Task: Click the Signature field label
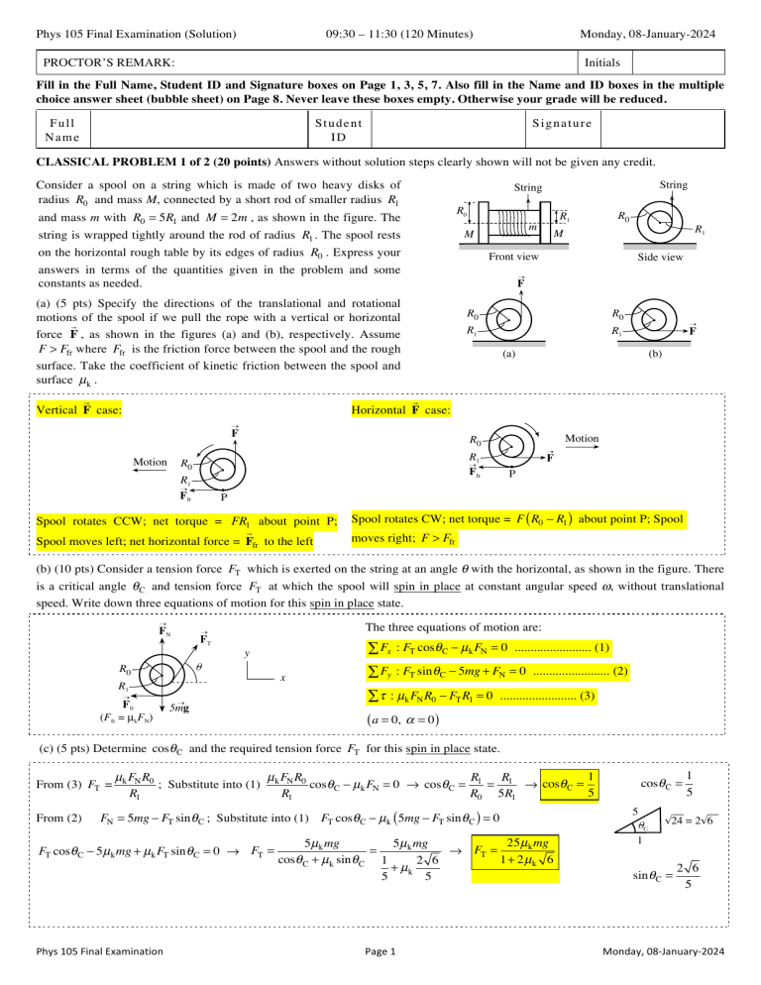tap(562, 124)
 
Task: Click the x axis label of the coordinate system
tap(283, 678)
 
